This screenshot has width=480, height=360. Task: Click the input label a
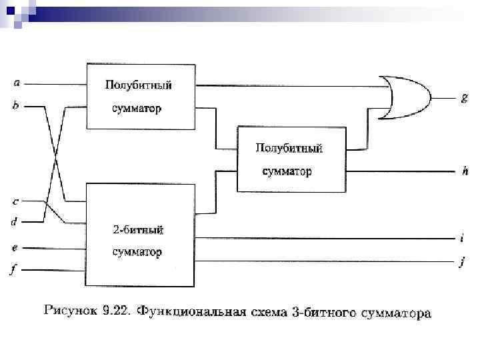tap(17, 83)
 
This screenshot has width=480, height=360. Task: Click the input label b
tap(16, 105)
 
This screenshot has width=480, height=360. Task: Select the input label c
tap(16, 200)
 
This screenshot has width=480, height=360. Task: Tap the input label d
tap(15, 221)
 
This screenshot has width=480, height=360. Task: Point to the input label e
tap(15, 247)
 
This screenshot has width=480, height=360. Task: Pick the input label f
tap(15, 270)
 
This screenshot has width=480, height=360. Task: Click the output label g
tap(464, 97)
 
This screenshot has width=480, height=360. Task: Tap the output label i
tap(462, 237)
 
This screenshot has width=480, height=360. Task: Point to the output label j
tap(462, 263)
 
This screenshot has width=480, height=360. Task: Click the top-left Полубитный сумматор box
tap(141, 97)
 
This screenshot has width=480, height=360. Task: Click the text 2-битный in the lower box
tap(139, 230)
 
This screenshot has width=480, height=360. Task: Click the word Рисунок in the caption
tap(69, 310)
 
